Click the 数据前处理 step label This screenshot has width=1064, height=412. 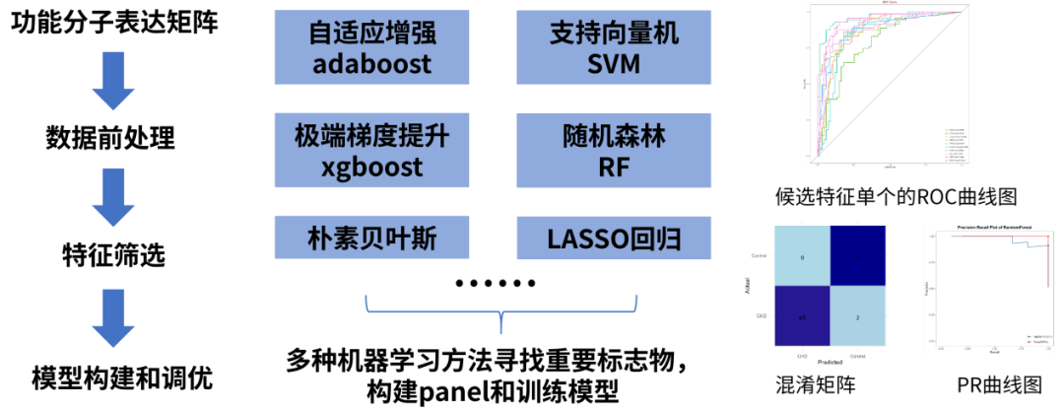click(x=110, y=138)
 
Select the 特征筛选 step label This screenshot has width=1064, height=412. click(x=110, y=257)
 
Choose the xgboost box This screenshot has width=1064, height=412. click(x=371, y=150)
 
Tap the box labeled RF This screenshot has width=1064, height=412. click(x=613, y=150)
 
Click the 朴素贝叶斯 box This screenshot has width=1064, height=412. click(x=371, y=238)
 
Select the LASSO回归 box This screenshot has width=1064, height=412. click(x=613, y=238)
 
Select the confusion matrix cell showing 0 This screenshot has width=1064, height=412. click(x=803, y=255)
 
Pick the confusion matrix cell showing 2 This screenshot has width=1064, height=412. click(x=859, y=317)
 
